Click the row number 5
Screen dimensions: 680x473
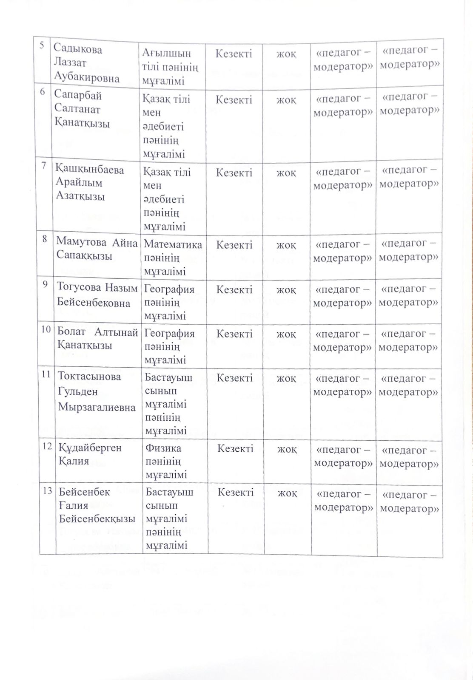42,45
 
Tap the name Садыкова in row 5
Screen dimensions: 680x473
78,49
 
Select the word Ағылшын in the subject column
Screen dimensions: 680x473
166,54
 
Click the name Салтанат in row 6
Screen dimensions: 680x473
77,109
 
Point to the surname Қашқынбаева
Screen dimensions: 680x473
90,170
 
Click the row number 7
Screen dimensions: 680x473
44,166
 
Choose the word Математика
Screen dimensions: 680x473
173,244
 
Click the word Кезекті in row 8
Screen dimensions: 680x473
234,245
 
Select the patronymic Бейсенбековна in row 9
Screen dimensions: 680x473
94,303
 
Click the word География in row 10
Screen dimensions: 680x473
169,334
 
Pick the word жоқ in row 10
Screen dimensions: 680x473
286,334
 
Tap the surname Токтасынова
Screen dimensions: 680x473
89,376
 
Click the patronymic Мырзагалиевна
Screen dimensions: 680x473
97,407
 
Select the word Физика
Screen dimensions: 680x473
163,448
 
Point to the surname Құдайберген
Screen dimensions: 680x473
90,448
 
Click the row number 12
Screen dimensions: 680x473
47,446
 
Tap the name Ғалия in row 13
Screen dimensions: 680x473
74,505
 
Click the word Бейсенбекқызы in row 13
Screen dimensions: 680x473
97,519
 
